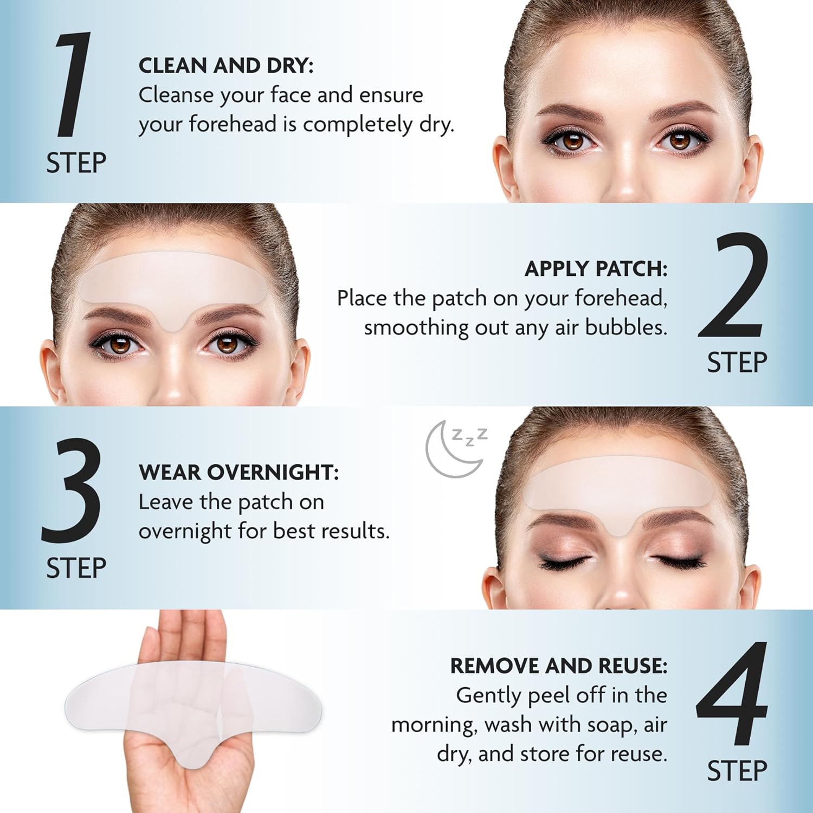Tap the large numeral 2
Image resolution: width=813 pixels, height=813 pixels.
733,286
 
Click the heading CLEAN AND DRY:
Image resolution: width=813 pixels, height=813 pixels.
226,66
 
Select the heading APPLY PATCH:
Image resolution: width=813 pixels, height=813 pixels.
596,269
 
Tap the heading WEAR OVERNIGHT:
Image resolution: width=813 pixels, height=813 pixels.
238,472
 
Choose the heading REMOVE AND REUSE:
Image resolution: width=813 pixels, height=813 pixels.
558,666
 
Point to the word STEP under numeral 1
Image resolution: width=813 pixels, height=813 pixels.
76,163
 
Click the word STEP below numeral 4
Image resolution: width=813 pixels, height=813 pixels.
737,771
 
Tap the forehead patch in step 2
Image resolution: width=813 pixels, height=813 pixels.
173,282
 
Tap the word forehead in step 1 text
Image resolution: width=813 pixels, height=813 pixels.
233,124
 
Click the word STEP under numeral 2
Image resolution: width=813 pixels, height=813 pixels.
737,363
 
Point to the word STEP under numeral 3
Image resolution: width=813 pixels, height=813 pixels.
76,568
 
